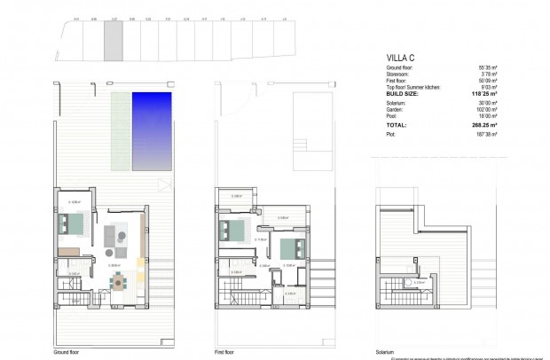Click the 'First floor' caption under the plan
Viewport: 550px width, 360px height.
[x=224, y=351]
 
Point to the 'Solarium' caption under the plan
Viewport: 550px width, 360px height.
[x=383, y=351]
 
